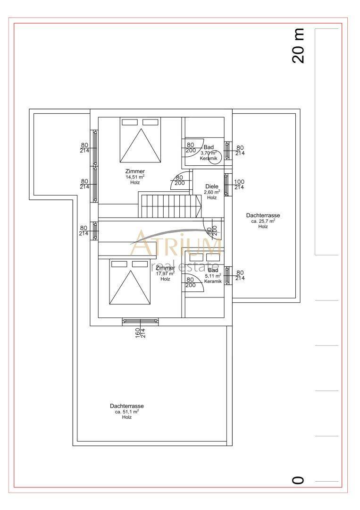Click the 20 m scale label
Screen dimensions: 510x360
pos(298,46)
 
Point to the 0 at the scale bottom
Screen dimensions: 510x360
pos(298,480)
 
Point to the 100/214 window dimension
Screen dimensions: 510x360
pos(240,185)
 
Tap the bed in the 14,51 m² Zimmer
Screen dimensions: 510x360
pos(140,140)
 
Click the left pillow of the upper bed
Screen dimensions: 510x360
pos(130,122)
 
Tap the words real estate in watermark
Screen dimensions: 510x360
pos(185,265)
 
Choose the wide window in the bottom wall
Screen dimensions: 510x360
pos(140,322)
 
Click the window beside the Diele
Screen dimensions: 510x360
pos(226,185)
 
